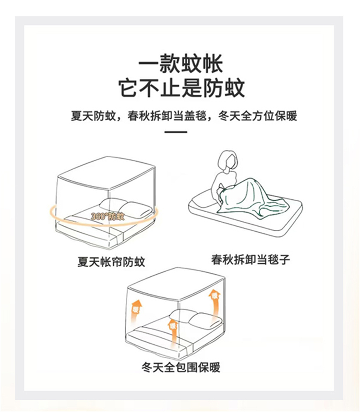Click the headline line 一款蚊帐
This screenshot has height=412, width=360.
pos(180,64)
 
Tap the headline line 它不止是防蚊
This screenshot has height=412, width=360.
pos(181,88)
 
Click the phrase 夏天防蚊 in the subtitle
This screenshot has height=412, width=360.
pos(93,116)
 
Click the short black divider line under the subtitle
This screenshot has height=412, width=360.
pos(175,132)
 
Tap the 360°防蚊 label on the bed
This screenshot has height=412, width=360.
pos(107,216)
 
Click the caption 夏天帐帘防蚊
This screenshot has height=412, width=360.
pos(111,262)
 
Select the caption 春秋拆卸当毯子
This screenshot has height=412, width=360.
pos(251,259)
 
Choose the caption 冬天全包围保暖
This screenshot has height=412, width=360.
pos(180,367)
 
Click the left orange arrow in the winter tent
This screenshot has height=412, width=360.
pos(136,314)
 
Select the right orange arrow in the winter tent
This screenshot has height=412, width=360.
pos(214,302)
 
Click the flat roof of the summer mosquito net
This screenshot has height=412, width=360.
pos(107,172)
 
